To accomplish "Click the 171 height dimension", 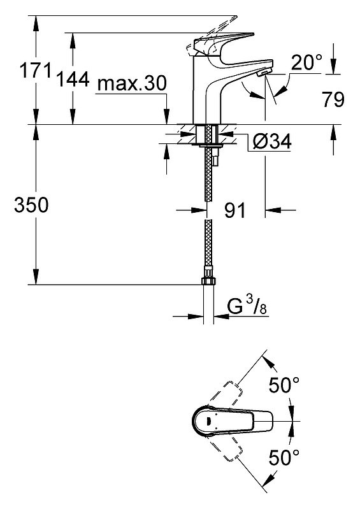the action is tap(36, 71).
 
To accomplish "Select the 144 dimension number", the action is tap(73, 79).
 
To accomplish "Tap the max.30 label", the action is tap(132, 83).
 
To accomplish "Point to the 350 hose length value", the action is tap(31, 205).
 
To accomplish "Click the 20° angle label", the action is tap(306, 62).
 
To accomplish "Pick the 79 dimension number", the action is tap(333, 99).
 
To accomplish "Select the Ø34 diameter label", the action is tap(272, 141).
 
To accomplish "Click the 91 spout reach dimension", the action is tap(235, 210).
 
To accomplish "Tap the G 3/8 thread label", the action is tap(247, 306).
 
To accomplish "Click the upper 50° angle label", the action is tap(284, 385).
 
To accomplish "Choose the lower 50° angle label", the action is tap(284, 457).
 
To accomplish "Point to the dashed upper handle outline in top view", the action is tap(226, 395).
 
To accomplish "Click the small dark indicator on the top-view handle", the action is tap(208, 421).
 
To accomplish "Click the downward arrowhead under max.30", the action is tap(166, 117).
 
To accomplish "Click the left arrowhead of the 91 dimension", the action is tap(199, 210).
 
